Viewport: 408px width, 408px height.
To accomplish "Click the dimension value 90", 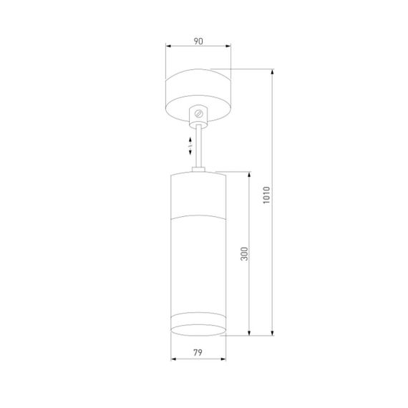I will (x=198, y=42).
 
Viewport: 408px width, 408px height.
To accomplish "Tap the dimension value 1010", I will (x=266, y=197).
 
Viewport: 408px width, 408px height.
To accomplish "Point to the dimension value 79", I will (x=198, y=351).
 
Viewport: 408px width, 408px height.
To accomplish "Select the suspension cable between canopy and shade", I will (x=199, y=147).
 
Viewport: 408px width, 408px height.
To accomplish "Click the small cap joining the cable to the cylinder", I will (x=199, y=170).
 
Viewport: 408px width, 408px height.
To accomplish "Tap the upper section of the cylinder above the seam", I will (x=198, y=193).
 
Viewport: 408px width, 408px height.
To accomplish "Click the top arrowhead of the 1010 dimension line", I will (x=273, y=71).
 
